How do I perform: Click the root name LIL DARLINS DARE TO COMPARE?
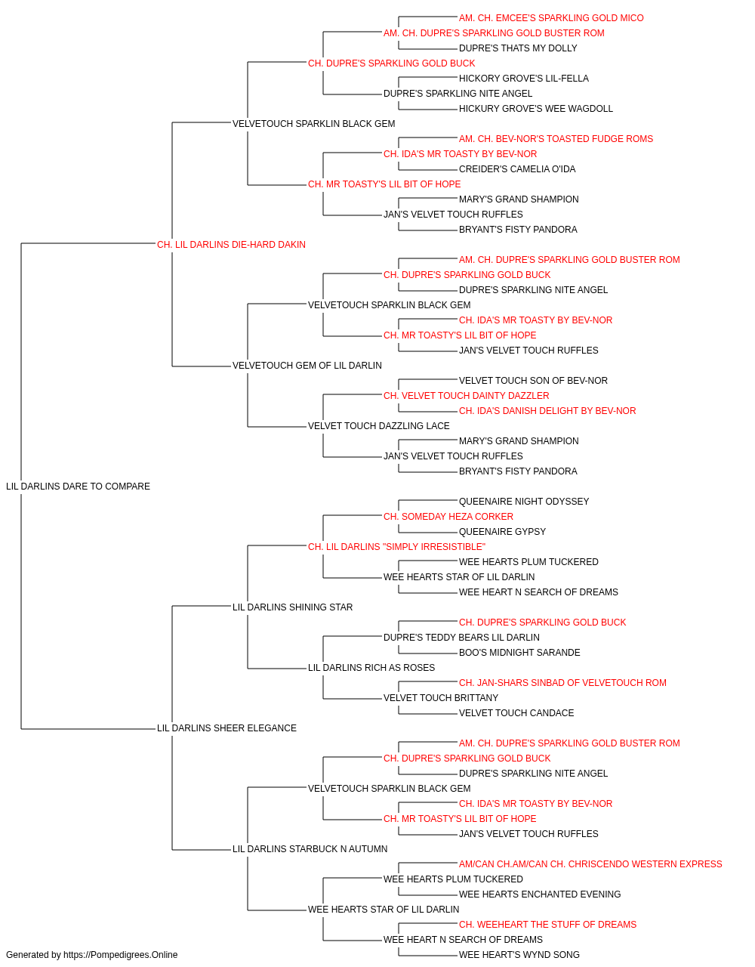[x=78, y=487]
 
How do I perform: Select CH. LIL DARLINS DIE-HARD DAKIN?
[x=231, y=245]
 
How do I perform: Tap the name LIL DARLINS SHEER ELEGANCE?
[x=226, y=728]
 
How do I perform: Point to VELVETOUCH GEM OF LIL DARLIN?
[x=307, y=366]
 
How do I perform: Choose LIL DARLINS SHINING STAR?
[x=293, y=607]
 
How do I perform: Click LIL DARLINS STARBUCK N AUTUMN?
[x=310, y=849]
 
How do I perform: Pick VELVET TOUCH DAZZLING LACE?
[x=379, y=426]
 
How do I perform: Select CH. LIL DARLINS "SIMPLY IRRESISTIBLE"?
[x=396, y=547]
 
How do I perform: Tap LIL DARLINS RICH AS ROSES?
[x=371, y=668]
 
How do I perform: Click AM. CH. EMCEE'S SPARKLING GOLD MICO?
[x=551, y=18]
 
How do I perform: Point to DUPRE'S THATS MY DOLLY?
[x=518, y=48]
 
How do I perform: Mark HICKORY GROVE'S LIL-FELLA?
[x=524, y=79]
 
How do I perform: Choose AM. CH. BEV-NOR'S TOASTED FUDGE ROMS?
[x=556, y=139]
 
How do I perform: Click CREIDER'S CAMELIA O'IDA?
[x=517, y=169]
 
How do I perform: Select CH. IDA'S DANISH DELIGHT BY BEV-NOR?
[x=547, y=411]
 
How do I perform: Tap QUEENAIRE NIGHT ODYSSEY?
[x=524, y=502]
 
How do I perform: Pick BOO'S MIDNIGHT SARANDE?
[x=519, y=653]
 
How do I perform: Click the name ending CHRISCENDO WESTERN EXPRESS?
[x=590, y=864]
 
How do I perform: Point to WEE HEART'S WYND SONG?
[x=519, y=955]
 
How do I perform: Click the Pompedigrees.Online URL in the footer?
[x=121, y=955]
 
